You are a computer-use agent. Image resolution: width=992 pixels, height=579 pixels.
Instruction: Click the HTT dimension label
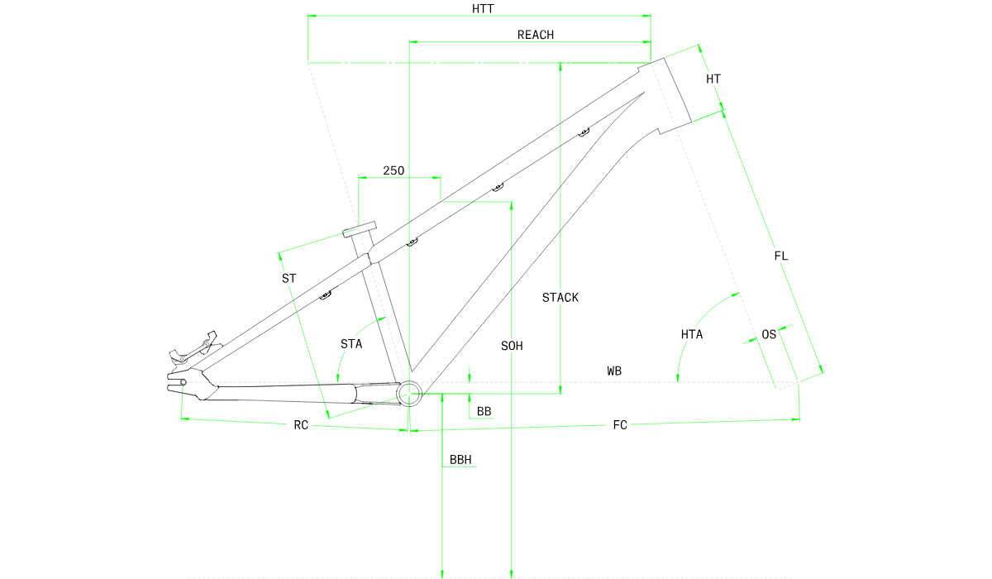pos(483,9)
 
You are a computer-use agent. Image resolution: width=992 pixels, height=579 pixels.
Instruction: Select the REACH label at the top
pos(536,35)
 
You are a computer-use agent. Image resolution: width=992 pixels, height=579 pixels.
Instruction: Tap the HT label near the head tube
pos(713,79)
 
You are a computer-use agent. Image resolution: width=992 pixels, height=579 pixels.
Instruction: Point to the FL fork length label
pos(780,256)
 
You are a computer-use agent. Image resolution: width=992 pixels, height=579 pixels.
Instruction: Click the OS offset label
pos(769,334)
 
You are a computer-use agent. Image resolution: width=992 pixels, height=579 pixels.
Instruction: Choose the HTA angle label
pos(692,334)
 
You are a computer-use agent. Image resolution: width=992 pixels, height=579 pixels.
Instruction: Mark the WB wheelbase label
pos(614,371)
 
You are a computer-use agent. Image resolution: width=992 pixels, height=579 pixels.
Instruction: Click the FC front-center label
pos(620,425)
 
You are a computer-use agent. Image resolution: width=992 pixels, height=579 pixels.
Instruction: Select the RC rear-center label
pos(301,425)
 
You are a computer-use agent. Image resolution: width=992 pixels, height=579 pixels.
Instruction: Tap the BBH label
pos(460,460)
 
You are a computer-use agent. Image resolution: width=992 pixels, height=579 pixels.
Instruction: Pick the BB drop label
pos(484,412)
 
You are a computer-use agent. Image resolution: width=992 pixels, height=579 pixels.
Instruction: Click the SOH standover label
pos(512,346)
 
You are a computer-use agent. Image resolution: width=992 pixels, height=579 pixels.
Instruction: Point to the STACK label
pos(560,298)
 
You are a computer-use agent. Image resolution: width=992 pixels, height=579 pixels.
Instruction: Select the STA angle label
pos(351,344)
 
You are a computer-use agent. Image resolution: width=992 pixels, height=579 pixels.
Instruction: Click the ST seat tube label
pos(289,279)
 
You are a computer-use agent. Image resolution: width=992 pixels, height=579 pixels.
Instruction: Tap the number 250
pos(393,171)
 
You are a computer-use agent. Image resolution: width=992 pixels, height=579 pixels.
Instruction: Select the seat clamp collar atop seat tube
pos(360,229)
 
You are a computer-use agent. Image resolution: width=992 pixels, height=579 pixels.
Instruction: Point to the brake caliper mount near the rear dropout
pos(195,349)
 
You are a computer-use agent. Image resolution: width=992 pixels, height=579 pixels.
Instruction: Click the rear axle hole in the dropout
pos(183,382)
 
